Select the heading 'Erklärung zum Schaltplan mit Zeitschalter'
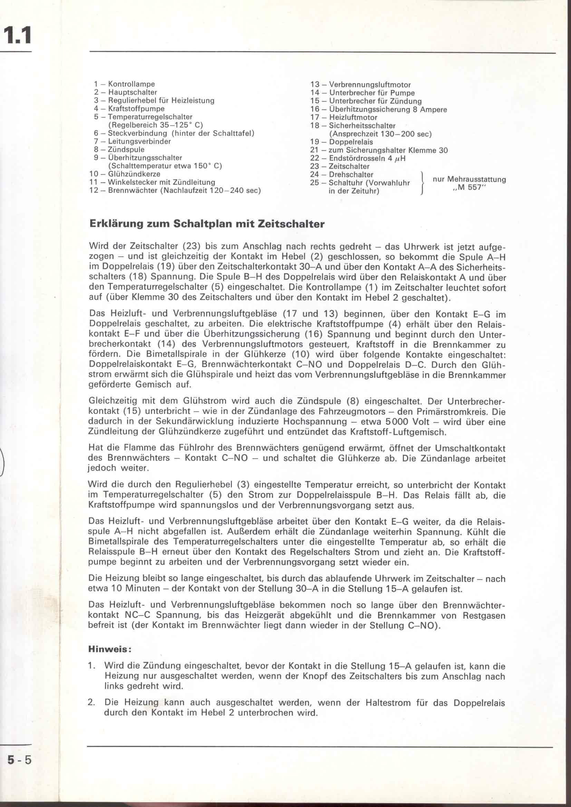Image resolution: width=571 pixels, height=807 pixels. (x=207, y=224)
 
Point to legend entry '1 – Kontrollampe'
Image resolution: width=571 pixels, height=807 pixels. (x=125, y=84)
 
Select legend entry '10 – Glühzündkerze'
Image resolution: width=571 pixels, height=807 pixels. (x=125, y=174)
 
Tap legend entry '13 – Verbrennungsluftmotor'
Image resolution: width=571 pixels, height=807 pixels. (x=360, y=85)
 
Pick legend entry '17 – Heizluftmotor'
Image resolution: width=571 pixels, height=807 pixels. (x=343, y=117)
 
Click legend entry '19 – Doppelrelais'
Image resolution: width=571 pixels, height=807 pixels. (x=341, y=142)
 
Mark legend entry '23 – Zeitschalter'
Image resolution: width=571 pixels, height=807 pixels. (x=340, y=166)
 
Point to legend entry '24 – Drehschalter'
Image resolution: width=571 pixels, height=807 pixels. (x=341, y=174)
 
